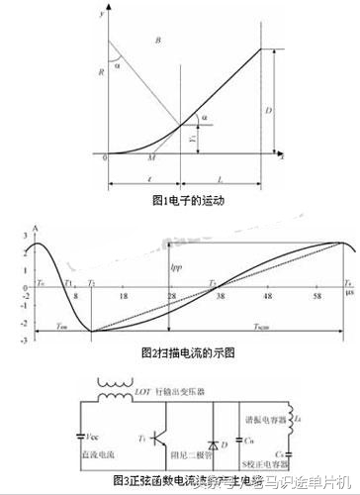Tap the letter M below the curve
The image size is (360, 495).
pos(150,158)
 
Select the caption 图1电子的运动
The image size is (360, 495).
pos(181,200)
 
